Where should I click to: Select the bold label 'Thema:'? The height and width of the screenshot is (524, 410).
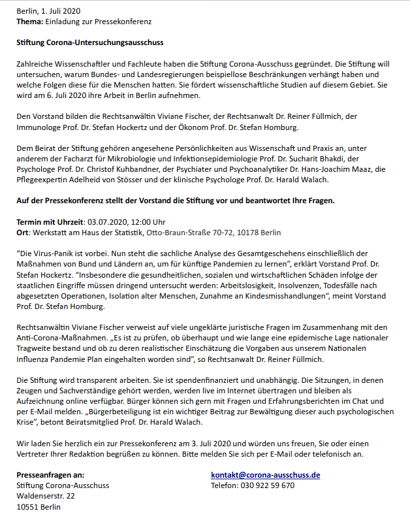(29, 22)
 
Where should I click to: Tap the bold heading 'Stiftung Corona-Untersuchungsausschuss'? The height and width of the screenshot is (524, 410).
(89, 42)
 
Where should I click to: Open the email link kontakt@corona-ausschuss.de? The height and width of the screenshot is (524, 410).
(265, 475)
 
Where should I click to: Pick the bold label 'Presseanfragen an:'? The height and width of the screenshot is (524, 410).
(50, 475)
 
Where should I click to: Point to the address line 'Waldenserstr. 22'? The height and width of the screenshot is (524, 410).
(45, 496)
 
